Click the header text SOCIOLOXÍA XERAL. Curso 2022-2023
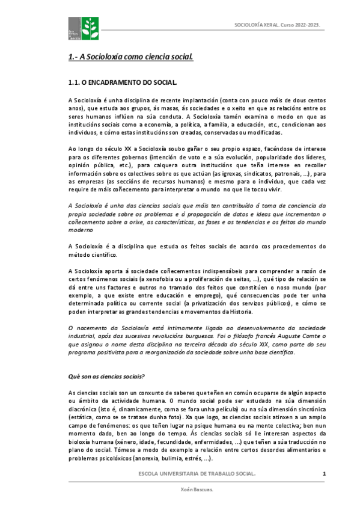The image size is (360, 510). [x=276, y=25]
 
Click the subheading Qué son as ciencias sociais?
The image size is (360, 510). [x=106, y=376]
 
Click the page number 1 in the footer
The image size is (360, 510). [x=324, y=475]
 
